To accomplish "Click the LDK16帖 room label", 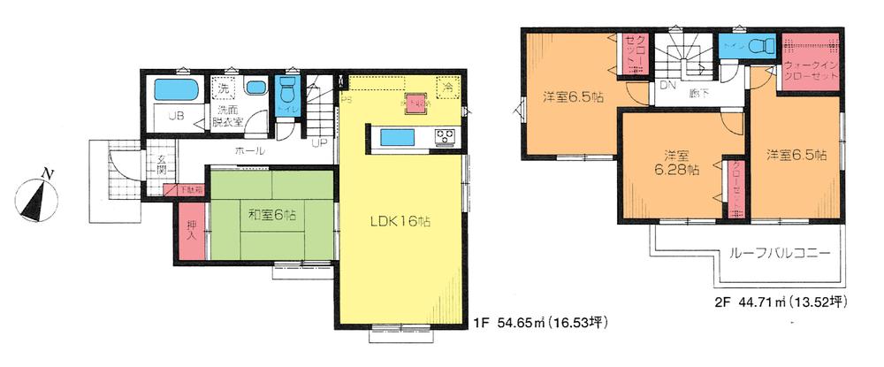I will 400,222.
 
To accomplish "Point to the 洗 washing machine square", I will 224,88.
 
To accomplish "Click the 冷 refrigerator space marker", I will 448,88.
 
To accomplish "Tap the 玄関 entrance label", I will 162,165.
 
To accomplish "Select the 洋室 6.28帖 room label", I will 672,161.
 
